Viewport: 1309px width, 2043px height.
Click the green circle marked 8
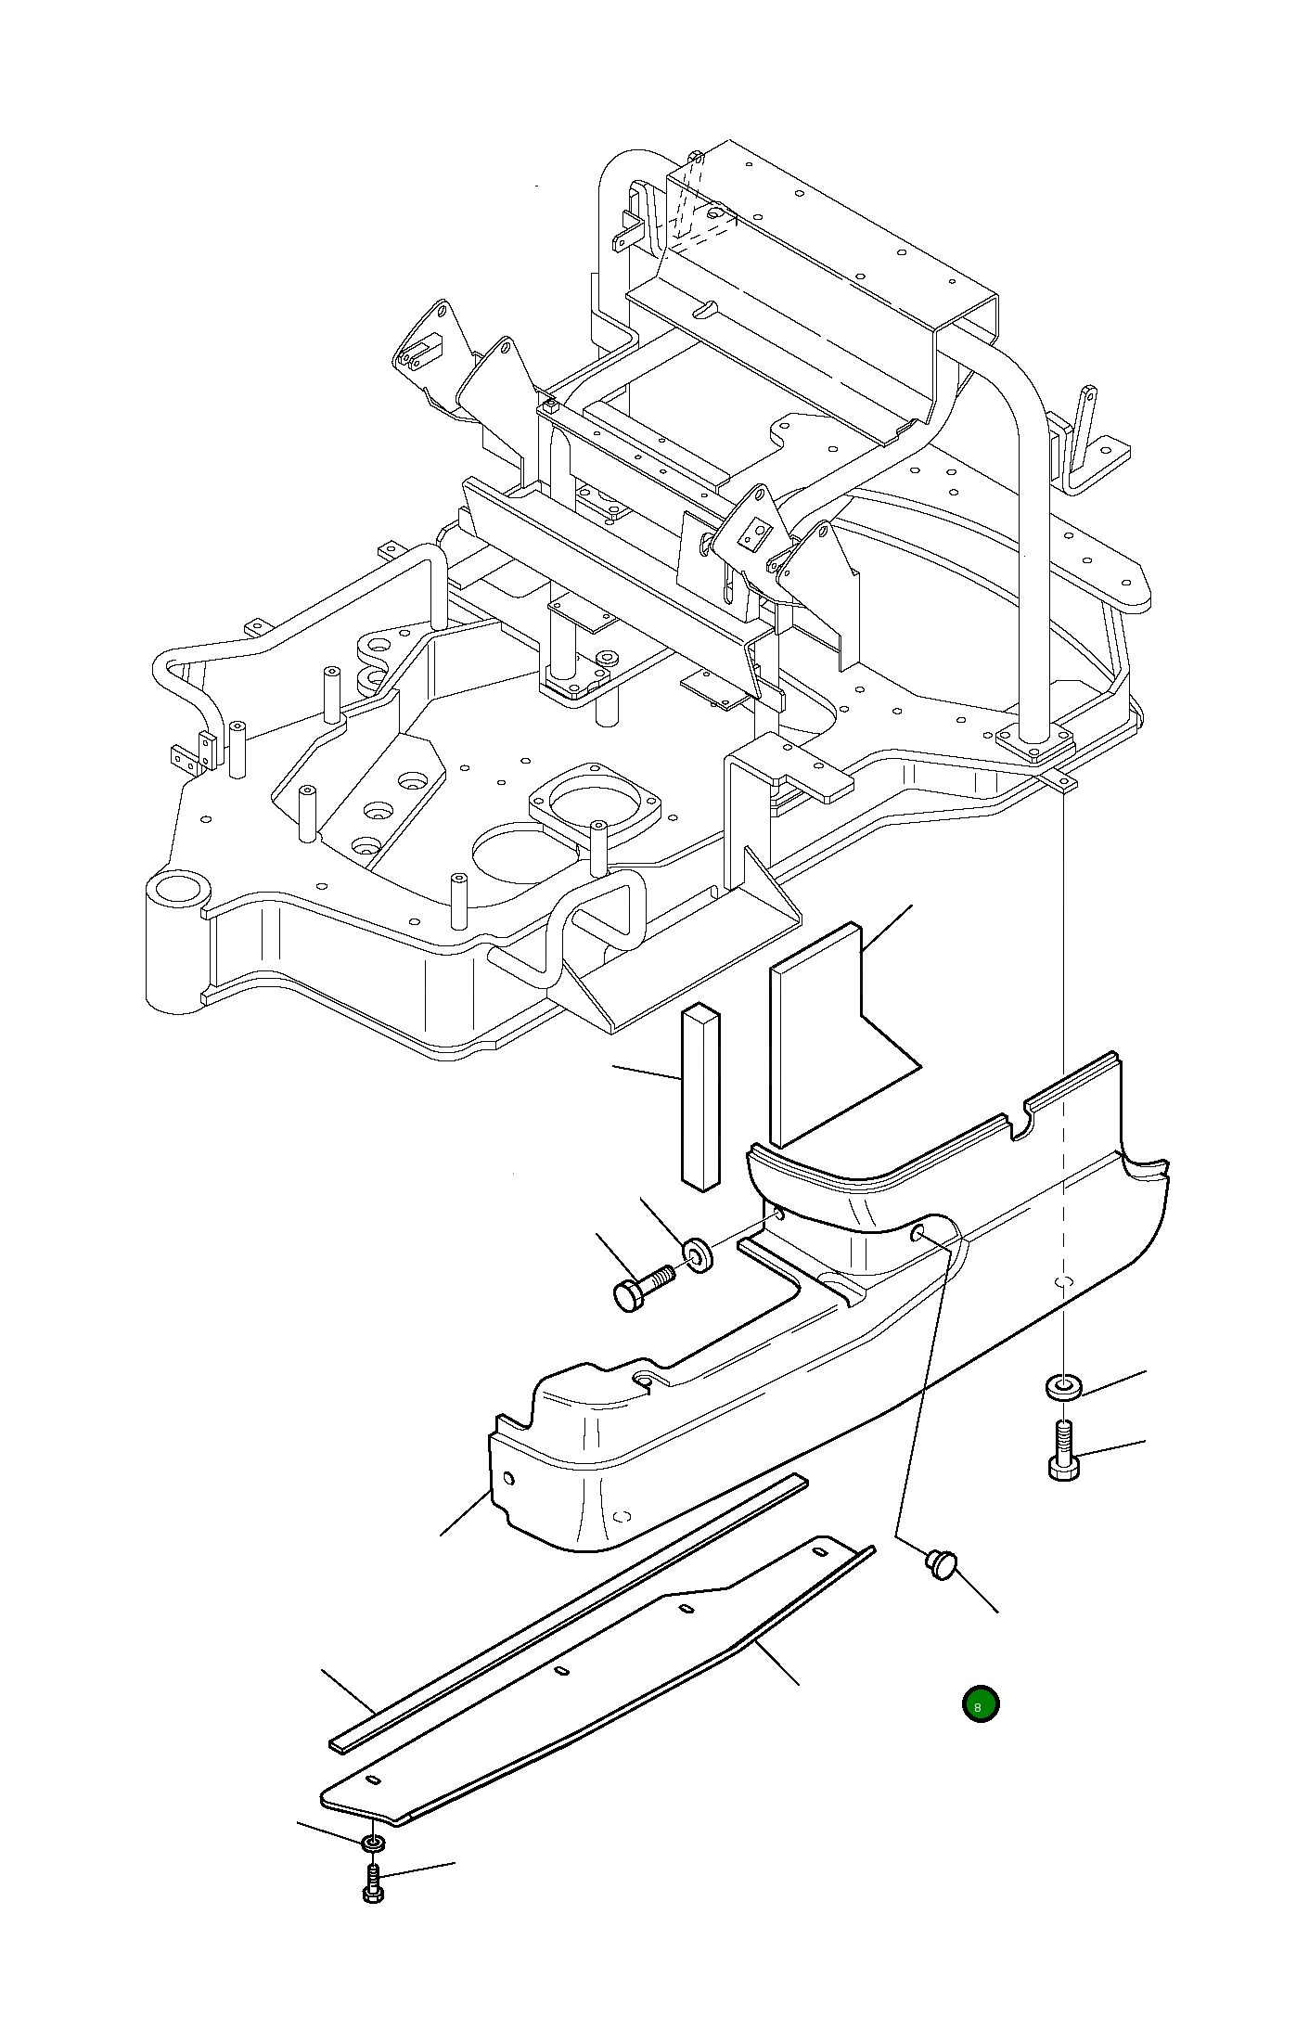point(981,1704)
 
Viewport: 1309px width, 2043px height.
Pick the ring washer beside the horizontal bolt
point(699,1255)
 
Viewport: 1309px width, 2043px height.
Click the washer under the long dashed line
point(1063,1388)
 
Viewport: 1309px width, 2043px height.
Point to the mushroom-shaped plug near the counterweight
point(941,1563)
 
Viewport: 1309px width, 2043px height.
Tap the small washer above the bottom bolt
point(372,1843)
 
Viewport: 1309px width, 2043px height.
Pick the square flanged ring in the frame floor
point(594,803)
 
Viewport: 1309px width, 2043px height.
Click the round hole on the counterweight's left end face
point(508,1477)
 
